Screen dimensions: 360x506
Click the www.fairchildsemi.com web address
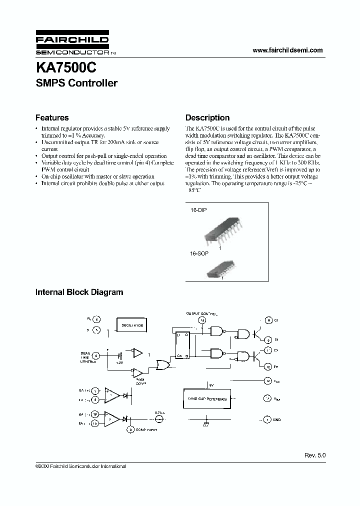pos(287,50)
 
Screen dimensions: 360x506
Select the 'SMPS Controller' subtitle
pos(76,83)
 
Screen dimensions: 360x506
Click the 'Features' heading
pos(52,118)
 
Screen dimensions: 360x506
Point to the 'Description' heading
pos(207,118)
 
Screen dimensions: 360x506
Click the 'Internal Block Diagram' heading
pos(79,292)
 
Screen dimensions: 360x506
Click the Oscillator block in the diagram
pos(132,325)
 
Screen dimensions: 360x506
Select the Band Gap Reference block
pos(207,398)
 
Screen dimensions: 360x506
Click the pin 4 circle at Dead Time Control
pos(96,355)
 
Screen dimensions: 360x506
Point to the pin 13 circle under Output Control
pos(202,320)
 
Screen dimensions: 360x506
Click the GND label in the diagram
pos(277,419)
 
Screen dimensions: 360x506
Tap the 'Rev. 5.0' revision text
pos(314,456)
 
